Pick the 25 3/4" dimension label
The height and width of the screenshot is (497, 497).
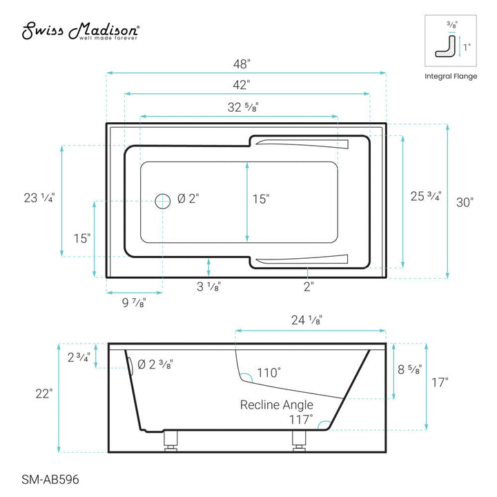coord(426,196)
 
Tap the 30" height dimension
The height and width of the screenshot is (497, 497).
coord(465,202)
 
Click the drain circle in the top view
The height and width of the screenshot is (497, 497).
coord(162,200)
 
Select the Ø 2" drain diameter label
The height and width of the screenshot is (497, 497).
coord(188,199)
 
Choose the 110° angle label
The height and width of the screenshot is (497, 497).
coord(269,373)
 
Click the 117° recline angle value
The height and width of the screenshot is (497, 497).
coord(301,418)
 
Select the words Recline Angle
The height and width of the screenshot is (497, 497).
coord(276,405)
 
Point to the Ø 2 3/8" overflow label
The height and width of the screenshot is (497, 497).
coord(155,364)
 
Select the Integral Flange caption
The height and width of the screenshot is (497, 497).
coord(450,76)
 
